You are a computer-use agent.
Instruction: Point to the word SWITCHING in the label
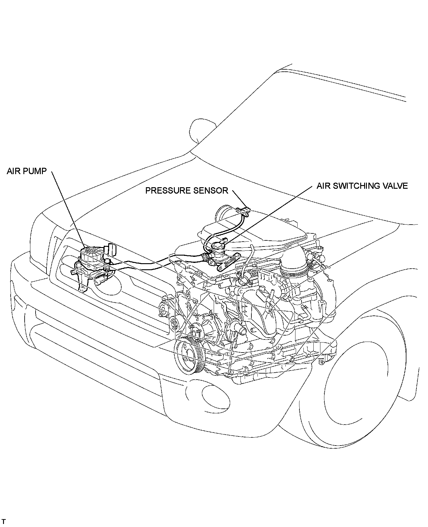pos(361,186)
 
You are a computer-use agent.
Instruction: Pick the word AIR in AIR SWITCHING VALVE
pos(324,186)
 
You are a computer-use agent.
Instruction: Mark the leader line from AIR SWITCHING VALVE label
pos(271,213)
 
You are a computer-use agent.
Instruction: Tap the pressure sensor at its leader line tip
pos(247,209)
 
